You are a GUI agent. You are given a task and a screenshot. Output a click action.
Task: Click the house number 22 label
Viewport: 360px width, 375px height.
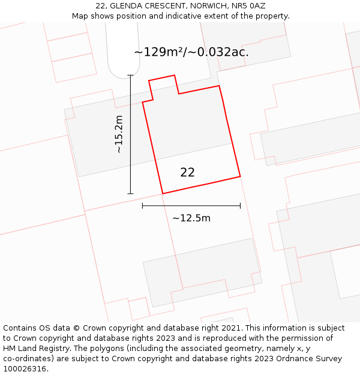click(187, 172)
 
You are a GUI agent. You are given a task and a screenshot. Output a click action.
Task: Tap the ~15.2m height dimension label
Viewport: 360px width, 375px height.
click(119, 134)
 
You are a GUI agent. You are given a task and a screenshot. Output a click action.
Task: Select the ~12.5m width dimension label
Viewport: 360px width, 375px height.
click(191, 218)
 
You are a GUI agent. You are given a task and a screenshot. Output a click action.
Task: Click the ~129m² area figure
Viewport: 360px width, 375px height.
click(158, 52)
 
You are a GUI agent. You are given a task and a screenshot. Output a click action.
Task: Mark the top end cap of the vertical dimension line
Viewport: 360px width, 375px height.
click(130, 76)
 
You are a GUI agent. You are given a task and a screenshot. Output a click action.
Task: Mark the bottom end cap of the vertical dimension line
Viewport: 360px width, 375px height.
click(130, 194)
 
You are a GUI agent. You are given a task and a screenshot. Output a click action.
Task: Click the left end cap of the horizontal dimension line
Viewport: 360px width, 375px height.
click(142, 206)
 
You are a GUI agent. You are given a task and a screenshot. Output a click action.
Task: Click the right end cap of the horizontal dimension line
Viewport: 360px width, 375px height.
click(241, 206)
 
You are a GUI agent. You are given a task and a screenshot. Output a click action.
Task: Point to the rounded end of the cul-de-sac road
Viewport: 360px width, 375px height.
click(123, 70)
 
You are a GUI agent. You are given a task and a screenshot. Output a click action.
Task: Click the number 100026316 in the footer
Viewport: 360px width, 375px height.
click(25, 369)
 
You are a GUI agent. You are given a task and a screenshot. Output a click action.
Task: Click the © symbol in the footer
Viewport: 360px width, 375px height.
click(76, 328)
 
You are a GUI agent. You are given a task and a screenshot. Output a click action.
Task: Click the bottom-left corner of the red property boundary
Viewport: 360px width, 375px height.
click(163, 193)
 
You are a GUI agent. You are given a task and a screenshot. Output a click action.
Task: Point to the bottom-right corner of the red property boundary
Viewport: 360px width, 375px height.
click(240, 176)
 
